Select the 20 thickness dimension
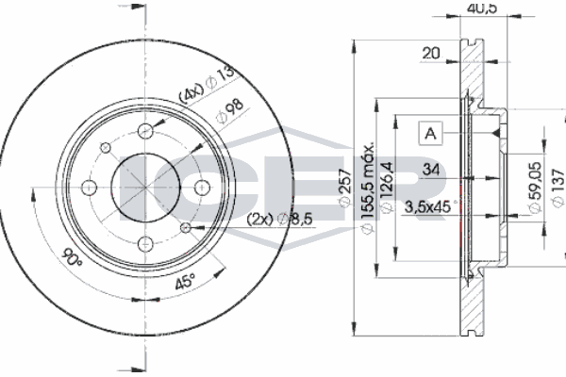(431, 55)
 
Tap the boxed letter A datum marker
(430, 134)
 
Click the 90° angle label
(69, 255)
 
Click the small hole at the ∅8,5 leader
(189, 226)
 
